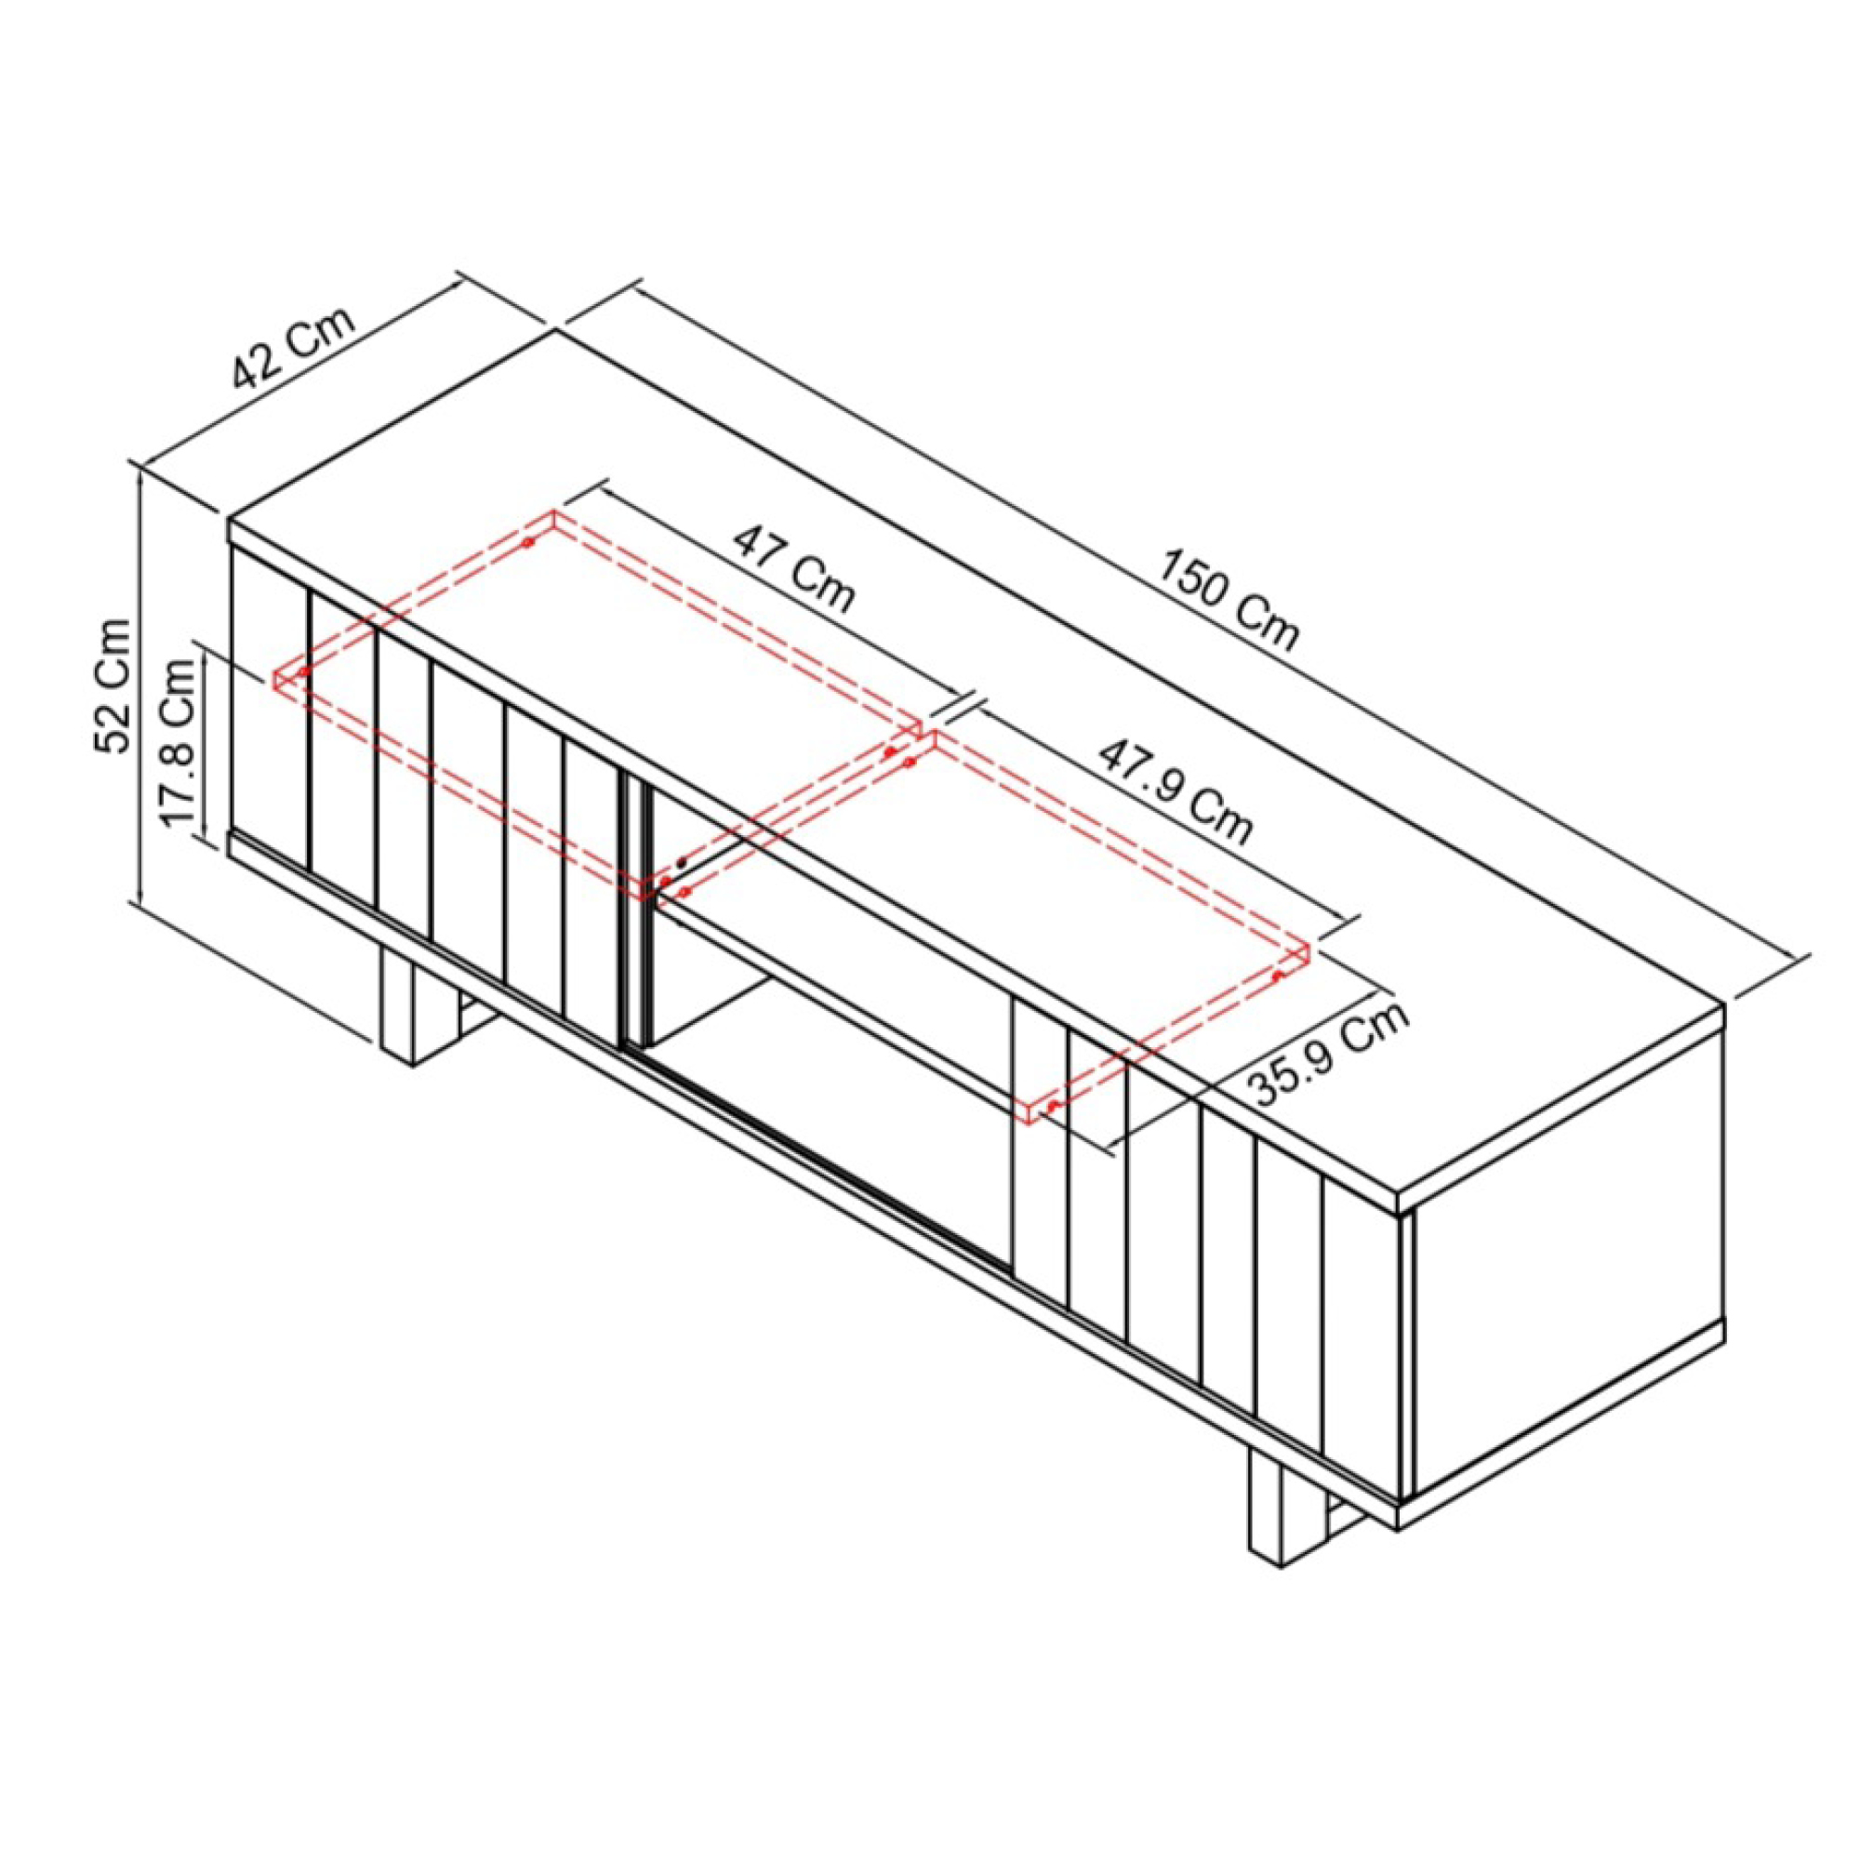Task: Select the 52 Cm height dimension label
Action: tap(113, 685)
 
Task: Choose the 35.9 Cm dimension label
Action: tap(1328, 1051)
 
